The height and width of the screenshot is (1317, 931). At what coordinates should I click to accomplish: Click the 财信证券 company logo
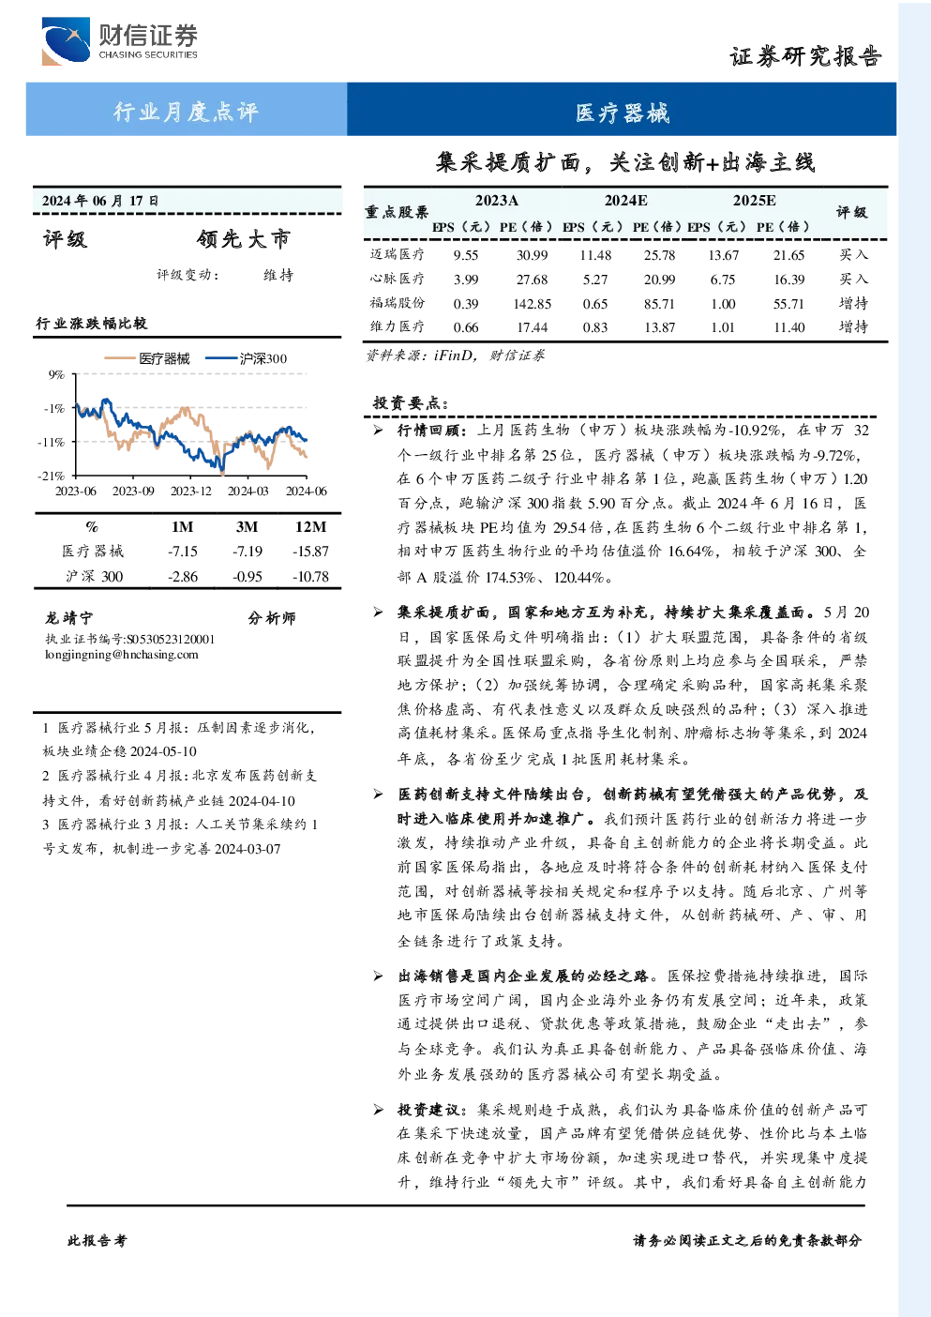coord(119,40)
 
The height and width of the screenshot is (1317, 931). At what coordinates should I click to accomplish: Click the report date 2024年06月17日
coord(100,201)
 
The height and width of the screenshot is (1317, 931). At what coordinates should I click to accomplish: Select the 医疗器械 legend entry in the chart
coord(147,358)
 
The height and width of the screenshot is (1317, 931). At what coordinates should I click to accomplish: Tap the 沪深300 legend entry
coord(247,358)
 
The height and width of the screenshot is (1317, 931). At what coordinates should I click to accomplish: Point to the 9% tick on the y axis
coord(56,374)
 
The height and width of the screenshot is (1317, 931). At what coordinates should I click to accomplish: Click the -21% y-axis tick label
coord(52,475)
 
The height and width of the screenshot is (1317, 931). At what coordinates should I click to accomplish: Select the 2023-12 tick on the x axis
coord(190,491)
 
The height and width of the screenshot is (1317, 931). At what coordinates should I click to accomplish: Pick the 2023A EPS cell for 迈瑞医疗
coord(465,255)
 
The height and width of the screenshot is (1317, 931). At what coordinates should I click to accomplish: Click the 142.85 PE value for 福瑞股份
coord(532,304)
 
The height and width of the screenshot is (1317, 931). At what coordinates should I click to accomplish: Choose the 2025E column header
coord(754,201)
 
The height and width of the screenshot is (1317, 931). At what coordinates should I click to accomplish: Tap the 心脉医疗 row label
coord(397,279)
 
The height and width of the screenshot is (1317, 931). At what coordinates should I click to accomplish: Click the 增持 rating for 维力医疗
coord(853,326)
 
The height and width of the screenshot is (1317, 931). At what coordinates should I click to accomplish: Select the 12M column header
coord(310,527)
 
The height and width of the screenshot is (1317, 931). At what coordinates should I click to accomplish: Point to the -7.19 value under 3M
coord(247,552)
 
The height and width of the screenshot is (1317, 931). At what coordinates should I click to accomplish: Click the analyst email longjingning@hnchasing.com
coord(122,655)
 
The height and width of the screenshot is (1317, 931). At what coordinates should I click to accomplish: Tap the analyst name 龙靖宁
coord(68,618)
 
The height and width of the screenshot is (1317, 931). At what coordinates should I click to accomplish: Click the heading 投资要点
coord(411,402)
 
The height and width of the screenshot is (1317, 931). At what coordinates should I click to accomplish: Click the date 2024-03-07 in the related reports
coord(248,849)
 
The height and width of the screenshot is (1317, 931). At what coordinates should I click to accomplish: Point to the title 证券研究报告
coord(805,56)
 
